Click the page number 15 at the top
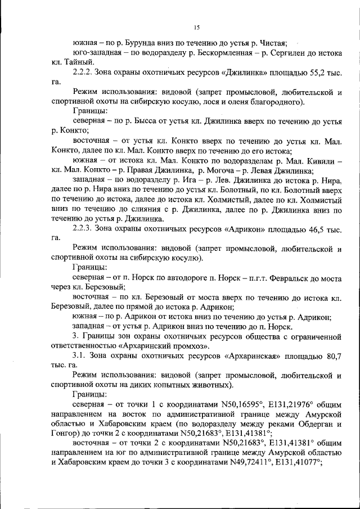pyautogui.click(x=196, y=26)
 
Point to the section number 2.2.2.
pyautogui.click(x=84, y=73)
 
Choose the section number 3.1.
pyautogui.click(x=80, y=356)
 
